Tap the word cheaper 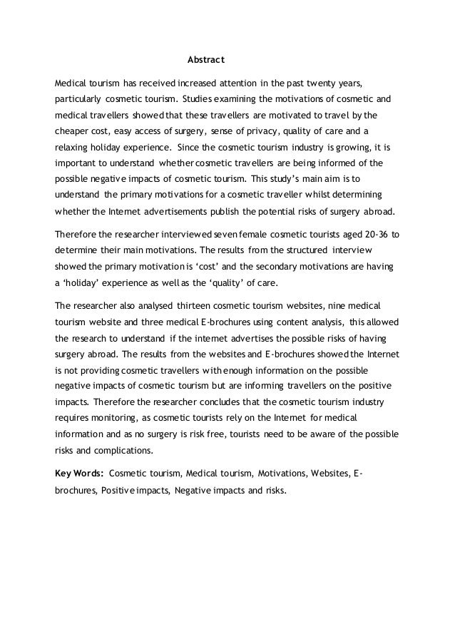75,132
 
